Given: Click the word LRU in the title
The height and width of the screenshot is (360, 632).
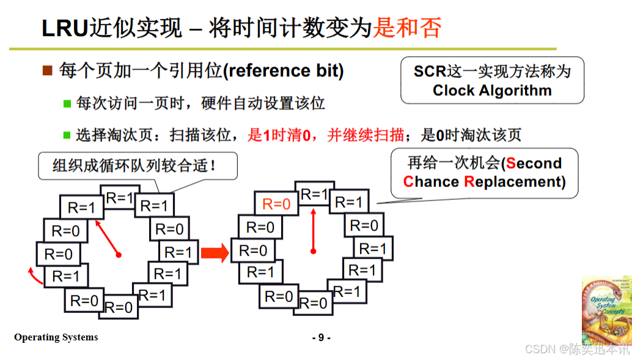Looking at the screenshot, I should coord(65,28).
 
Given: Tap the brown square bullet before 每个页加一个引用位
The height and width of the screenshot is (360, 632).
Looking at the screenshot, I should coord(48,71).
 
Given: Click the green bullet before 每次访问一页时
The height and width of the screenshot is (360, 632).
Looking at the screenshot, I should coord(67,103).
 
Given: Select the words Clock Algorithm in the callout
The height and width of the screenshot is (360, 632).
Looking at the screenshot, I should coord(492,91).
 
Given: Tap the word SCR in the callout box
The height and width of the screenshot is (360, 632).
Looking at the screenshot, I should coord(430,71).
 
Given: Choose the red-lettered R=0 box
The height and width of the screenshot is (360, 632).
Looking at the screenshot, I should coord(276,204).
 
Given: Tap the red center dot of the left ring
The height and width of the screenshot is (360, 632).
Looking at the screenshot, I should coord(119,255).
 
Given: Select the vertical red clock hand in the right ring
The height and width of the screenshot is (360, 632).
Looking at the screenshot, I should coord(314,229).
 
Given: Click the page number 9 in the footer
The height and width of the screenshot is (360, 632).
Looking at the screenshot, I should coord(321,337).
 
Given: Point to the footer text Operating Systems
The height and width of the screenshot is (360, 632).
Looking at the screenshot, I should coord(56,337).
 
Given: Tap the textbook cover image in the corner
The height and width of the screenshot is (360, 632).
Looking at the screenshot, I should coord(605,312).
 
